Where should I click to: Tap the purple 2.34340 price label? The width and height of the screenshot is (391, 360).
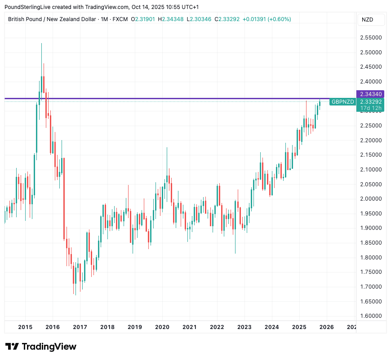click(371, 94)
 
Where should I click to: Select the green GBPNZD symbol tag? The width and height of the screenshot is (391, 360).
click(342, 102)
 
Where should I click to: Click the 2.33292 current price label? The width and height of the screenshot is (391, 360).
click(371, 102)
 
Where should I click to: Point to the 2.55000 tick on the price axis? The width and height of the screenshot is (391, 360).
click(371, 38)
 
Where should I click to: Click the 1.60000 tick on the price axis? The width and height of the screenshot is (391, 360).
click(371, 316)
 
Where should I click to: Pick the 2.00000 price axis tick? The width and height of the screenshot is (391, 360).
click(371, 199)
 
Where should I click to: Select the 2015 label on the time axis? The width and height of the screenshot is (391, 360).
click(25, 327)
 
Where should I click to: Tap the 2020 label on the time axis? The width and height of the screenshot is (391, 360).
click(162, 327)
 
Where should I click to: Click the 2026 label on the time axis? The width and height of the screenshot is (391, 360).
click(326, 327)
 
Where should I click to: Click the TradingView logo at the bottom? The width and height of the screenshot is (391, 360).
click(41, 347)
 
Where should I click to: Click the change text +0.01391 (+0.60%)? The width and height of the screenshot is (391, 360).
click(267, 19)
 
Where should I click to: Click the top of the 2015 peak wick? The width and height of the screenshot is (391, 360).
click(41, 44)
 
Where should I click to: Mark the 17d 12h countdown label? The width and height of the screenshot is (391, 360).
click(371, 108)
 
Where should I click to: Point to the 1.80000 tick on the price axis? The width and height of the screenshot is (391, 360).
click(371, 258)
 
